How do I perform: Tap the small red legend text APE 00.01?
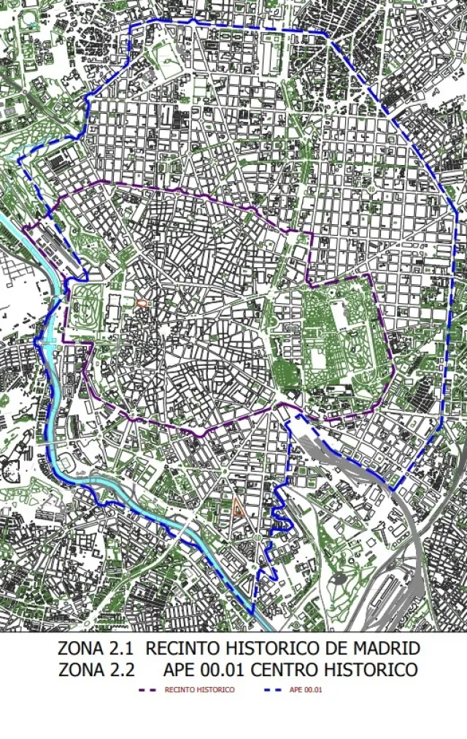point(306,690)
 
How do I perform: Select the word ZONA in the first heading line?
point(80,648)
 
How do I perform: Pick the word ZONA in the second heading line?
point(80,670)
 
